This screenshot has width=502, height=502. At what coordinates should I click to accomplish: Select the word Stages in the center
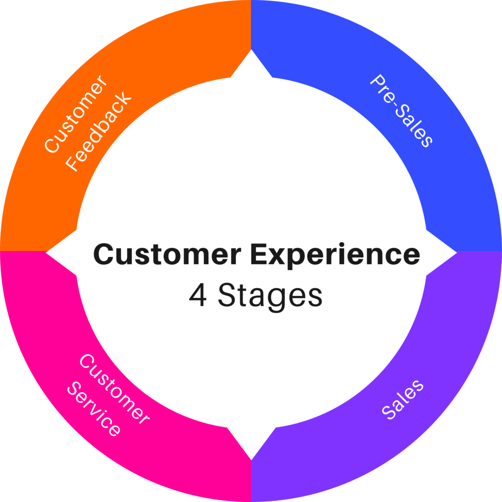(270, 296)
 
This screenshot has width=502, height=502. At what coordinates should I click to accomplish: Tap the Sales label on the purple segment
(402, 399)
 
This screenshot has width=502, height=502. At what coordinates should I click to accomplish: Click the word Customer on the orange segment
(75, 114)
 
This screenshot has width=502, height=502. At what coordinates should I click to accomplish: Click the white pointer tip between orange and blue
(251, 54)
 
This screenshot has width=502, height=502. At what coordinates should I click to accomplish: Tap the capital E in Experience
(260, 255)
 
